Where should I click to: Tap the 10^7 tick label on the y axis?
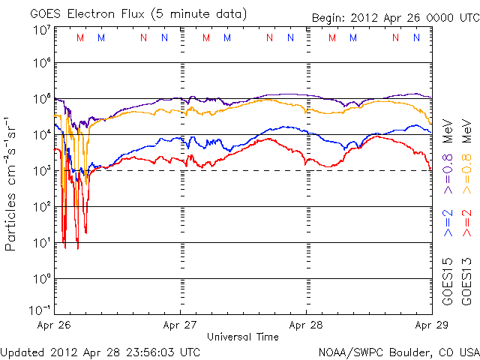click(x=41, y=30)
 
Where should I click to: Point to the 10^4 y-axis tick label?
click(x=41, y=135)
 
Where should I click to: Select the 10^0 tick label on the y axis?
click(x=41, y=279)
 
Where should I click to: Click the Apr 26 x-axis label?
click(x=54, y=326)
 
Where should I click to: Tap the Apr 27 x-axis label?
click(x=181, y=326)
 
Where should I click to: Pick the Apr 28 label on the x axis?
click(x=306, y=326)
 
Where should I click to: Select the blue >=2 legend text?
click(x=447, y=222)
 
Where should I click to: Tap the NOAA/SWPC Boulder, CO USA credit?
click(x=398, y=352)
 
